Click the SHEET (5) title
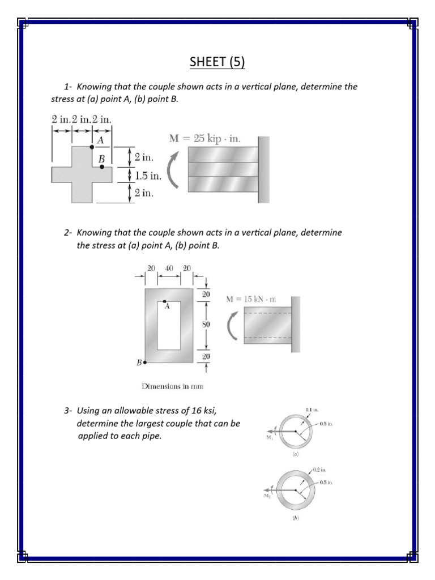tap(217, 62)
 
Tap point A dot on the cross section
tap(92, 147)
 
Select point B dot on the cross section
tap(102, 167)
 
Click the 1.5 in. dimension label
tap(148, 176)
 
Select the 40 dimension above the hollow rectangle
tap(169, 267)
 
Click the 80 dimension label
tap(207, 325)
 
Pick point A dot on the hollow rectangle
tap(165, 301)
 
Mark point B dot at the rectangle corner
tap(146, 362)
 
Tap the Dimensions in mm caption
tap(172, 387)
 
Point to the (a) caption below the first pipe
tap(295, 455)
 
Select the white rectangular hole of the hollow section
tap(169, 326)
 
